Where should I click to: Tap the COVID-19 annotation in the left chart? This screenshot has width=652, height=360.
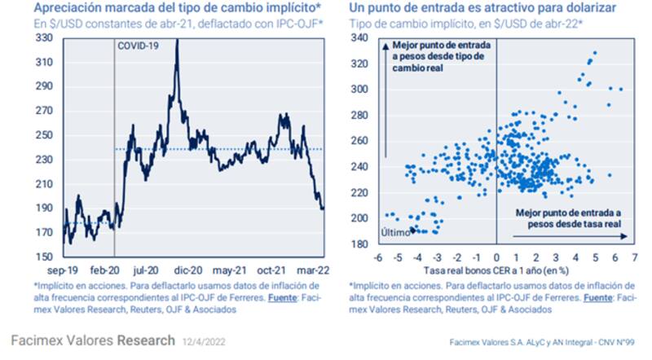coord(139,46)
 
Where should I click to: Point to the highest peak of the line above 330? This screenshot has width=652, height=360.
coord(176,40)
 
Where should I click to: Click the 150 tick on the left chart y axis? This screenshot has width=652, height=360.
coord(46,257)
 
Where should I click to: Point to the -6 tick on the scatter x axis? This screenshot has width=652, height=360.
coord(377,257)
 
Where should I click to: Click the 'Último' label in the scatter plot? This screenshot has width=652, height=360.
coord(395,233)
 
